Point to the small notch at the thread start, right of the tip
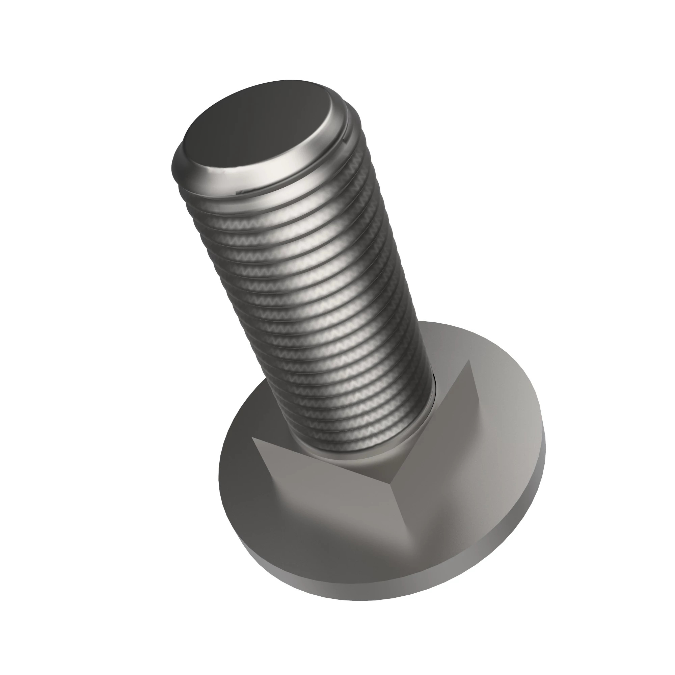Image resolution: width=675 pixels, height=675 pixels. (x=345, y=140)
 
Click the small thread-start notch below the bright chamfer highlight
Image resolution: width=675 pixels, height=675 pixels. (x=241, y=192)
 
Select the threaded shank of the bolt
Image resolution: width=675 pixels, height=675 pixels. (x=315, y=297)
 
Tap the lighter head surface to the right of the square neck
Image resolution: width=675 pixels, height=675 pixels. (x=503, y=454)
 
